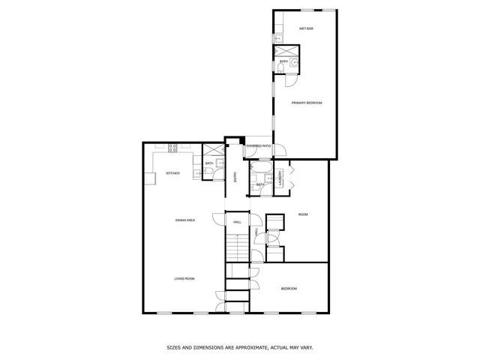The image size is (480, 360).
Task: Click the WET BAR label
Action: (x=305, y=28)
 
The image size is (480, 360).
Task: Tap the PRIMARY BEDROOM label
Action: (x=307, y=103)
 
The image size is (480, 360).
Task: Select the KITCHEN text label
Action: (x=172, y=173)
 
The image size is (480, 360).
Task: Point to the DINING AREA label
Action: (x=185, y=220)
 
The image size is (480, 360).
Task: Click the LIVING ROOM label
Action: (x=184, y=279)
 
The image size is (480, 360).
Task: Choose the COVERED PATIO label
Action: (x=258, y=146)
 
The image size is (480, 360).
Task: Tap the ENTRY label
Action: (x=235, y=177)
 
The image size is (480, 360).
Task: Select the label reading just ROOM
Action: (x=303, y=214)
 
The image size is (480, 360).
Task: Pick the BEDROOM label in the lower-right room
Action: (x=289, y=289)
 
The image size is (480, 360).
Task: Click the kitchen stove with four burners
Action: (x=172, y=148)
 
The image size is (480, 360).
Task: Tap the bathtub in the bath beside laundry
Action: (x=260, y=167)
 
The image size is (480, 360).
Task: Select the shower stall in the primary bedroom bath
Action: (x=283, y=52)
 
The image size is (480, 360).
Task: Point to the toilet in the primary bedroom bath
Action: (x=280, y=68)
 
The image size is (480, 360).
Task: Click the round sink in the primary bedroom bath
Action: (x=295, y=63)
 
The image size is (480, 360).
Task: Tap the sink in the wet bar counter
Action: (x=277, y=37)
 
